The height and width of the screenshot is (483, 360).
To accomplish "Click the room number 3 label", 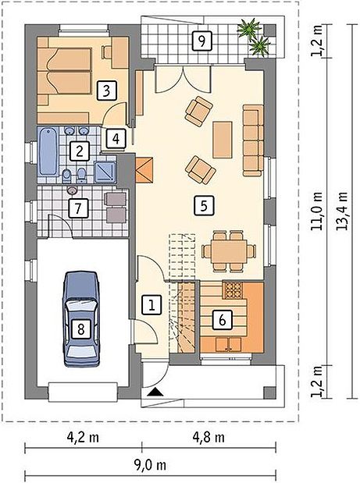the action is tap(106, 91).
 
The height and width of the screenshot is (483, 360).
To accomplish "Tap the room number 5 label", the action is tap(204, 205).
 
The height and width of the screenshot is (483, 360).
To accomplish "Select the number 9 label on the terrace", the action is tap(201, 41).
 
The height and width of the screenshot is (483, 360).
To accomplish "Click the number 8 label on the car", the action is tap(80, 329).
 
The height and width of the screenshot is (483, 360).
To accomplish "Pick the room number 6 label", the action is tap(223, 320).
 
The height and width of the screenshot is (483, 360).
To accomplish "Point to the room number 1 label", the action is tap(151, 305).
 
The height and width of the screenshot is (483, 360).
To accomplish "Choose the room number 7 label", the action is tap(77, 208).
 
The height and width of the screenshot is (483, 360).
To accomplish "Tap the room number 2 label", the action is tap(80, 151).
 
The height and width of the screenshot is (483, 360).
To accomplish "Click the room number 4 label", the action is tap(116, 139).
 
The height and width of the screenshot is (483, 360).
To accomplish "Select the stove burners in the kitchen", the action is tap(233, 289).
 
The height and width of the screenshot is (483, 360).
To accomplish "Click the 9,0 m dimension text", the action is tap(150, 465).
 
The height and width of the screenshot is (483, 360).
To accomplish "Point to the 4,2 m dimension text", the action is tap(83, 437).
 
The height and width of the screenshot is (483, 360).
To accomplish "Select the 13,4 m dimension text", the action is tap(342, 211).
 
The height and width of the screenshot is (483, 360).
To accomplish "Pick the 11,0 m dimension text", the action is tap(316, 211).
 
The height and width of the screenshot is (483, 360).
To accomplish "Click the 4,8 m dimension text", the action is tap(209, 437).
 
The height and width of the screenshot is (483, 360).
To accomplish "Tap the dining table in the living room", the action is tap(229, 251).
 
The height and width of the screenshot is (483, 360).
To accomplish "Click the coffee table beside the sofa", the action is tap(223, 140).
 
